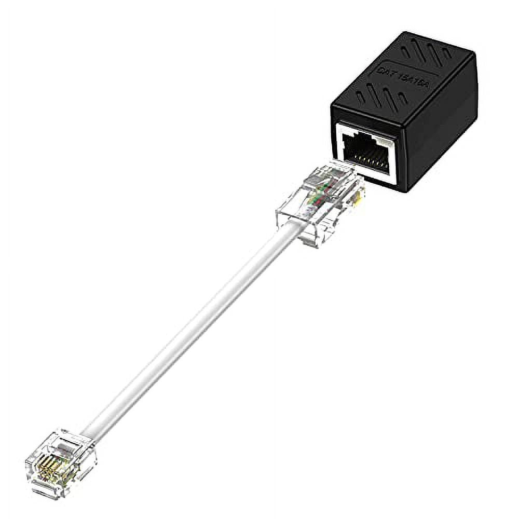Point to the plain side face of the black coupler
point(446,130)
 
